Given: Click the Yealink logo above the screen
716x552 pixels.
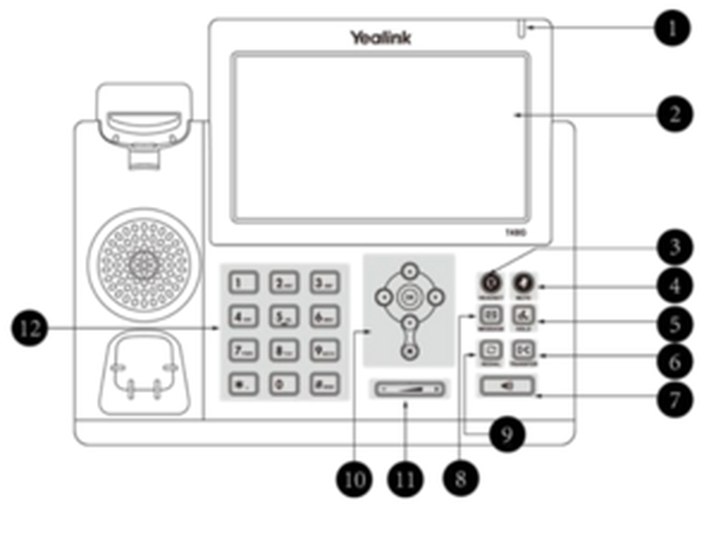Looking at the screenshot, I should pos(381,38).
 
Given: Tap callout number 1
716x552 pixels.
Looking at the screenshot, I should pos(672,28).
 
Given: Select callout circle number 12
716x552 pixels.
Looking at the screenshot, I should pos(29,328).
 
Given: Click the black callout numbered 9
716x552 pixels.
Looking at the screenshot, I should pos(507,434).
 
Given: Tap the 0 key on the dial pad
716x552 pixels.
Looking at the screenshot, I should pos(284,384).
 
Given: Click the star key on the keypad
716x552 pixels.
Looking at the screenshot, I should pos(243,384).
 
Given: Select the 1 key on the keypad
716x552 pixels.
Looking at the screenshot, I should pos(243,283).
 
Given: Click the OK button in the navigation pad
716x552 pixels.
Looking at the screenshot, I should pos(410,297).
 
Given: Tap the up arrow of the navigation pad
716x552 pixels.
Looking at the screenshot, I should pos(410,271).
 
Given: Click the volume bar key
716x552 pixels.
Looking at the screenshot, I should pos(410,389).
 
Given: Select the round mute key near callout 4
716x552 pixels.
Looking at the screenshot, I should pos(524,283).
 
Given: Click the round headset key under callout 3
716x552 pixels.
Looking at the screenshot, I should pos(491,283).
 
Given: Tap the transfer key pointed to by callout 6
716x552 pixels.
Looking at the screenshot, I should pos(524,350).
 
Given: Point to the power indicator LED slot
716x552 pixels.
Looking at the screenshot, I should pos(522,29).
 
